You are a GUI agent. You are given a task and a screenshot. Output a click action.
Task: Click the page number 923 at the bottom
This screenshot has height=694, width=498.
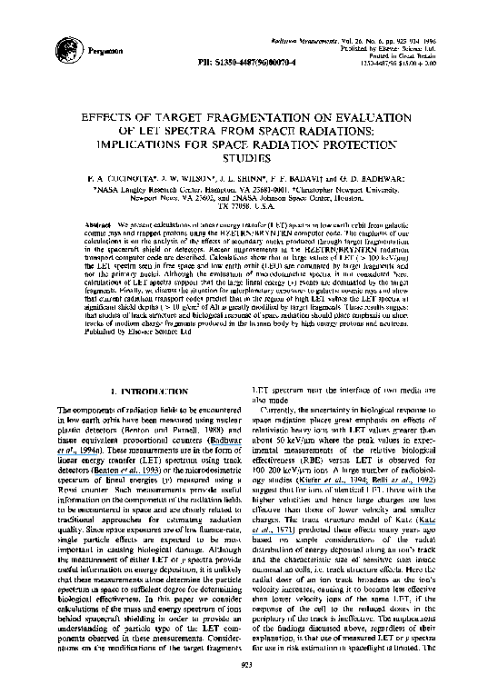click(x=248, y=667)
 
